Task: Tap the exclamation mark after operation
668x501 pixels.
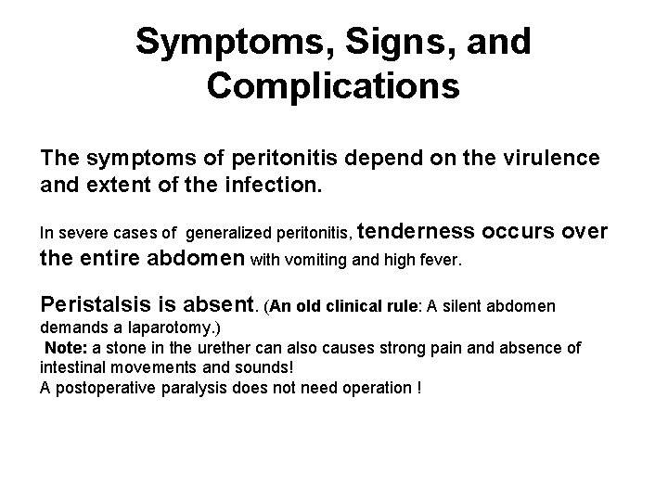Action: point(418,387)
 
